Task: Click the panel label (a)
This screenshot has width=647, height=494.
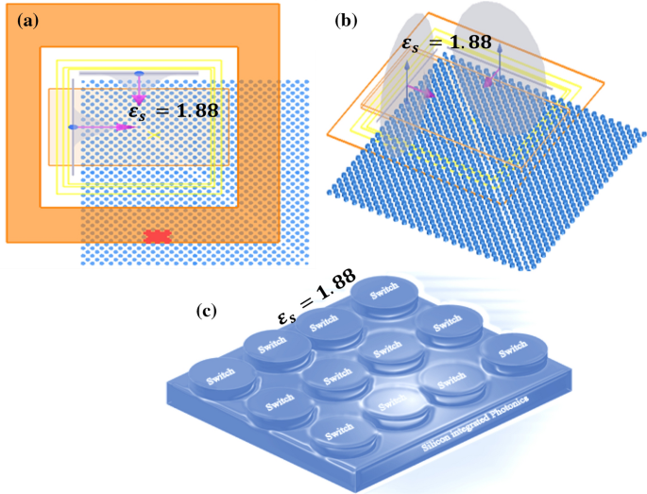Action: (x=21, y=20)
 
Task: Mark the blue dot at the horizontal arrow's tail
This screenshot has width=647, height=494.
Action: (x=72, y=126)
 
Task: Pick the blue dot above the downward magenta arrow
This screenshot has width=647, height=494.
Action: (x=138, y=73)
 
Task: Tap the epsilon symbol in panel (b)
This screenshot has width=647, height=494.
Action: (x=407, y=43)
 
